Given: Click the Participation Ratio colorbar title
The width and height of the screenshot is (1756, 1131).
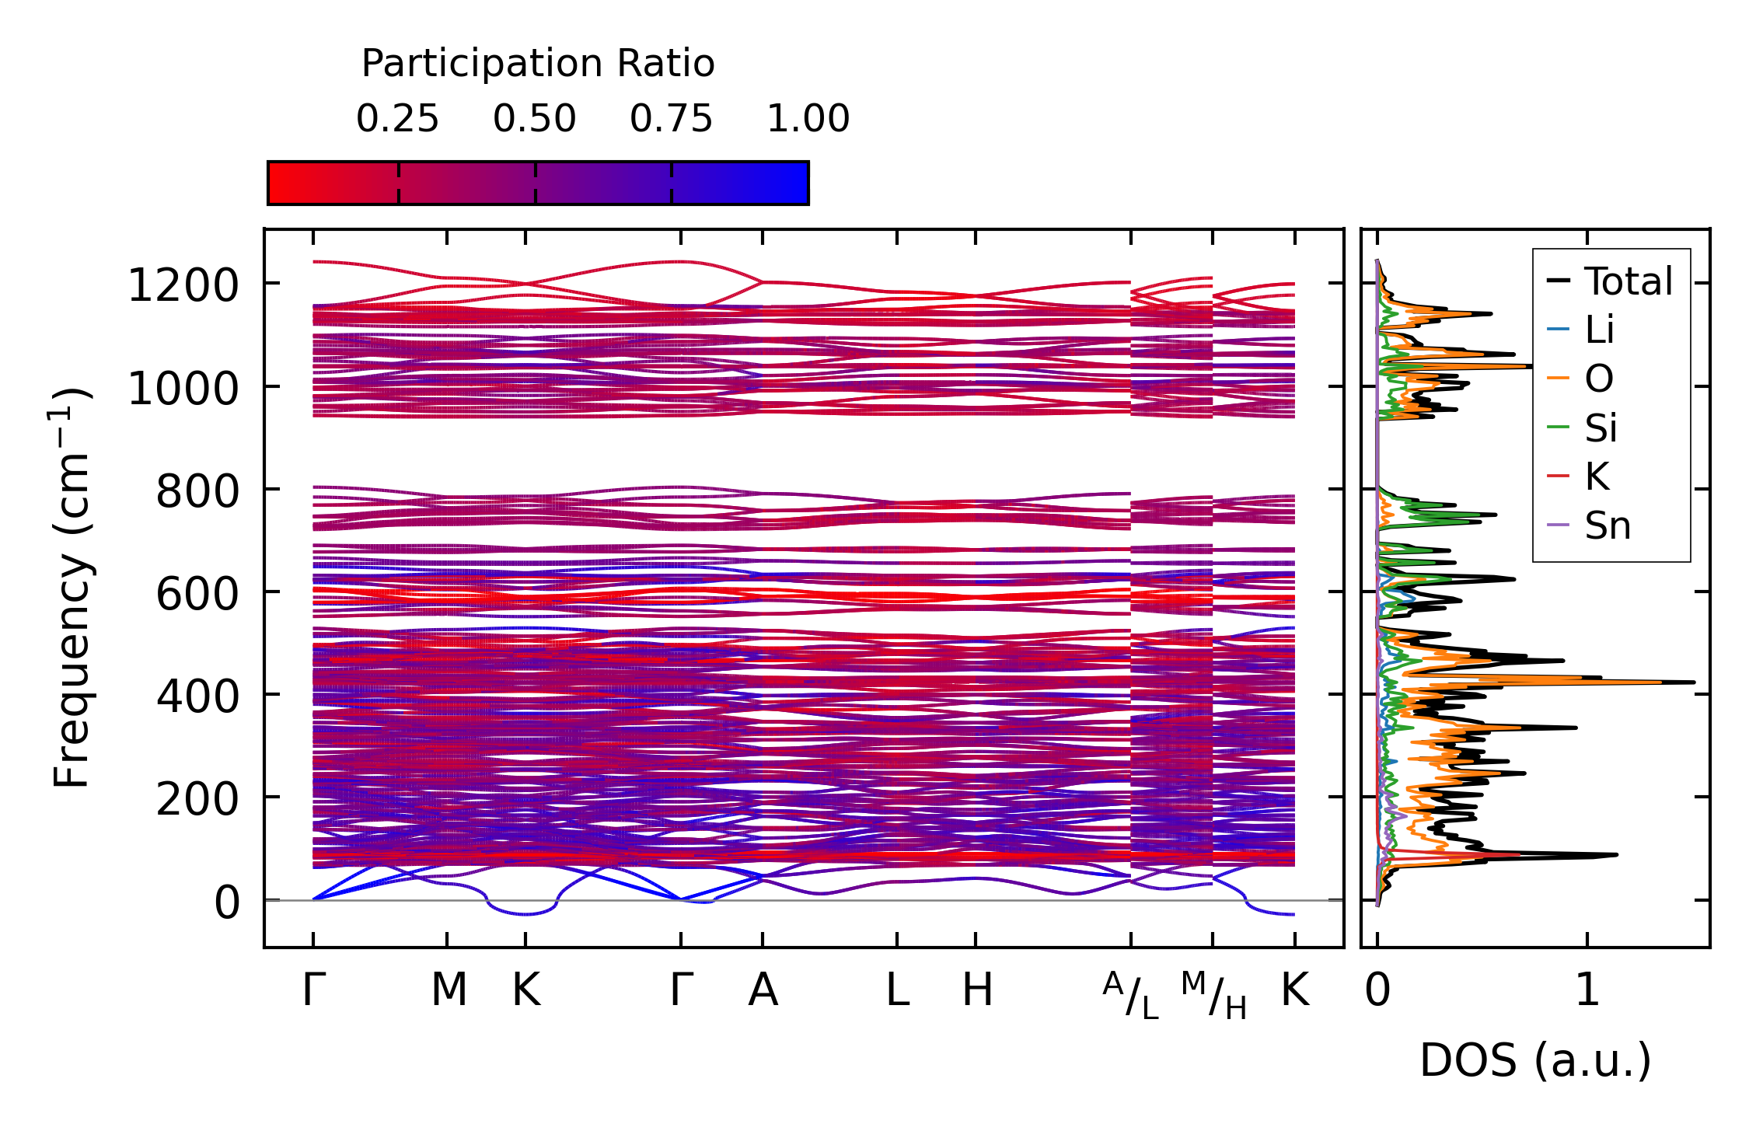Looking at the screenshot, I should (x=538, y=64).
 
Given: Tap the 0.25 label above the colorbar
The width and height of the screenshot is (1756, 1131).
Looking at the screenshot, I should (x=397, y=119).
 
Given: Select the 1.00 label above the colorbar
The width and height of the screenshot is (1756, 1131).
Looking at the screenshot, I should (x=808, y=119).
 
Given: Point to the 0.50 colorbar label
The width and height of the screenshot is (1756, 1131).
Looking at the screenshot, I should (x=534, y=119).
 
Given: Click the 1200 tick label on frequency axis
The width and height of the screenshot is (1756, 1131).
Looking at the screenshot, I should (x=183, y=285).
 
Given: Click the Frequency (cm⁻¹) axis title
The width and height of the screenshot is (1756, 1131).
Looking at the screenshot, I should (x=72, y=588).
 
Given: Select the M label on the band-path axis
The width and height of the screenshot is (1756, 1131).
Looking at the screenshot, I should (x=449, y=990).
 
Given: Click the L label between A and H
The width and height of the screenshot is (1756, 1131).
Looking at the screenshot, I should (x=897, y=990).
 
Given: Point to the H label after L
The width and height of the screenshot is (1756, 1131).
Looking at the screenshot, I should (x=977, y=990).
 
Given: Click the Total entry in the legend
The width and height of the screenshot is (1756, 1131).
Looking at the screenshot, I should (x=1628, y=281).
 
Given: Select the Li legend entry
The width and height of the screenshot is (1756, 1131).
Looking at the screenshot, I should (x=1600, y=330).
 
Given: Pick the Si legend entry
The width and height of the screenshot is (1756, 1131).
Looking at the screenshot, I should (x=1601, y=428).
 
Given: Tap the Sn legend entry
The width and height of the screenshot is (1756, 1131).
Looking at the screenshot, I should (x=1608, y=526).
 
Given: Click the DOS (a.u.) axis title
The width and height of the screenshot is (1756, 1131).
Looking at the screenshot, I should (x=1535, y=1060).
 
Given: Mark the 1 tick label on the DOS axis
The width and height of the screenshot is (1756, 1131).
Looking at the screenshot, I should (x=1587, y=990).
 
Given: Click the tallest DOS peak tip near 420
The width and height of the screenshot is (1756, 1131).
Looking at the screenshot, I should (x=1693, y=682).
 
